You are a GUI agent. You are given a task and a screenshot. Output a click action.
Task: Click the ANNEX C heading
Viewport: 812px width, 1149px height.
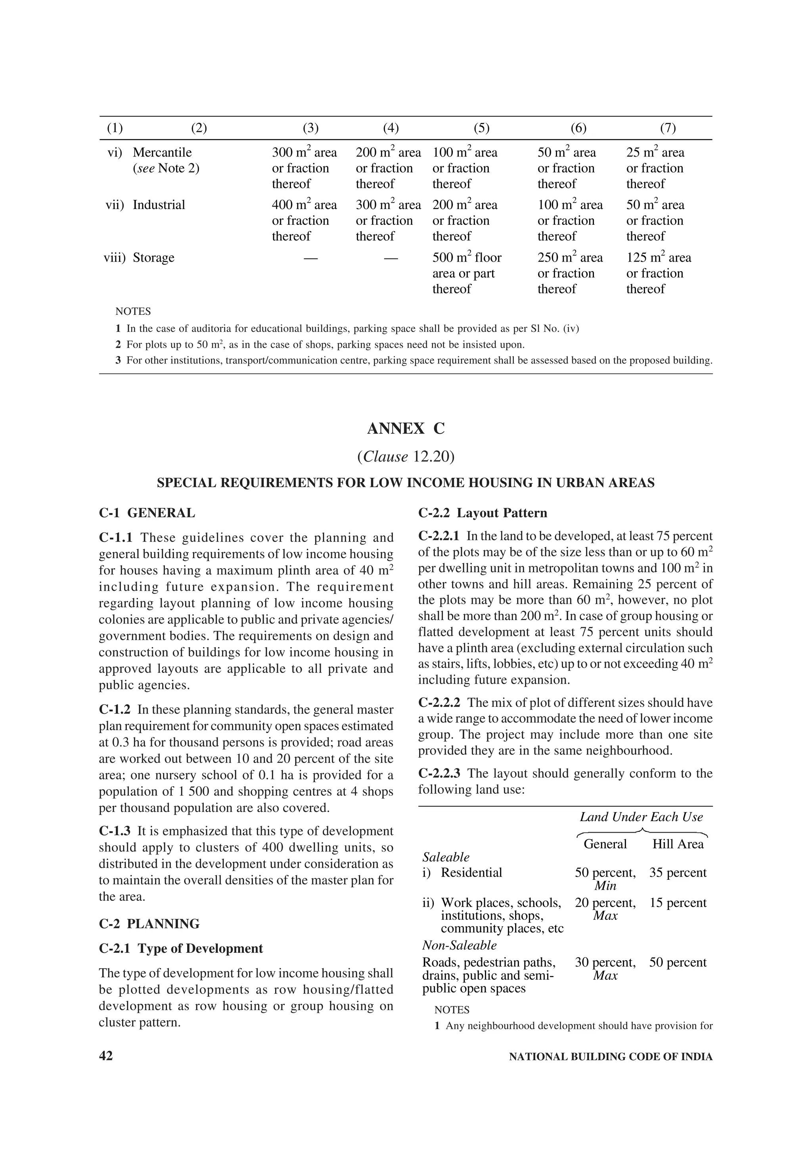405,429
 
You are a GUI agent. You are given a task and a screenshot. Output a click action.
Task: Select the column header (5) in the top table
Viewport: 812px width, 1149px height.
481,128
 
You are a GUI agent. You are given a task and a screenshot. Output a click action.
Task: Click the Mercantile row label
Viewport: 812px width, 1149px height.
162,153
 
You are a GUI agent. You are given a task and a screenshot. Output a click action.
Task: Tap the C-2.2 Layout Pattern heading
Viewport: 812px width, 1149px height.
482,513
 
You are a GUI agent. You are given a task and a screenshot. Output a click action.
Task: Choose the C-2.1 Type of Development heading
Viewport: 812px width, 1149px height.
181,949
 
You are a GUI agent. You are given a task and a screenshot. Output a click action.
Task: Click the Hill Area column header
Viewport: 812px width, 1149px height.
678,844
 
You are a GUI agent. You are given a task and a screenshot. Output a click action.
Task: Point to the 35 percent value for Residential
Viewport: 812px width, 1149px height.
678,873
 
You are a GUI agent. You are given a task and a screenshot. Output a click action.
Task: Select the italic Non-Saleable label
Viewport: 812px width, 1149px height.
459,945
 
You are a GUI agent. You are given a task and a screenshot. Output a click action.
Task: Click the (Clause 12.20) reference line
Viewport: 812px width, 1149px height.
405,456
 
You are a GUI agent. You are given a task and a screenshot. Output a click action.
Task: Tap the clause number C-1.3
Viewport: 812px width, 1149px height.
115,831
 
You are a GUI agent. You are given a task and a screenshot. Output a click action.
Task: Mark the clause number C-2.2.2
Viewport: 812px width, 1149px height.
439,703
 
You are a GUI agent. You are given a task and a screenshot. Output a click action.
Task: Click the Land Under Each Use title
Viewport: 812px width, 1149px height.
641,817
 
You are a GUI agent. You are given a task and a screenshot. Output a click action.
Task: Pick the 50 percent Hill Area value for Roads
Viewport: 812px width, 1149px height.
678,962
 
